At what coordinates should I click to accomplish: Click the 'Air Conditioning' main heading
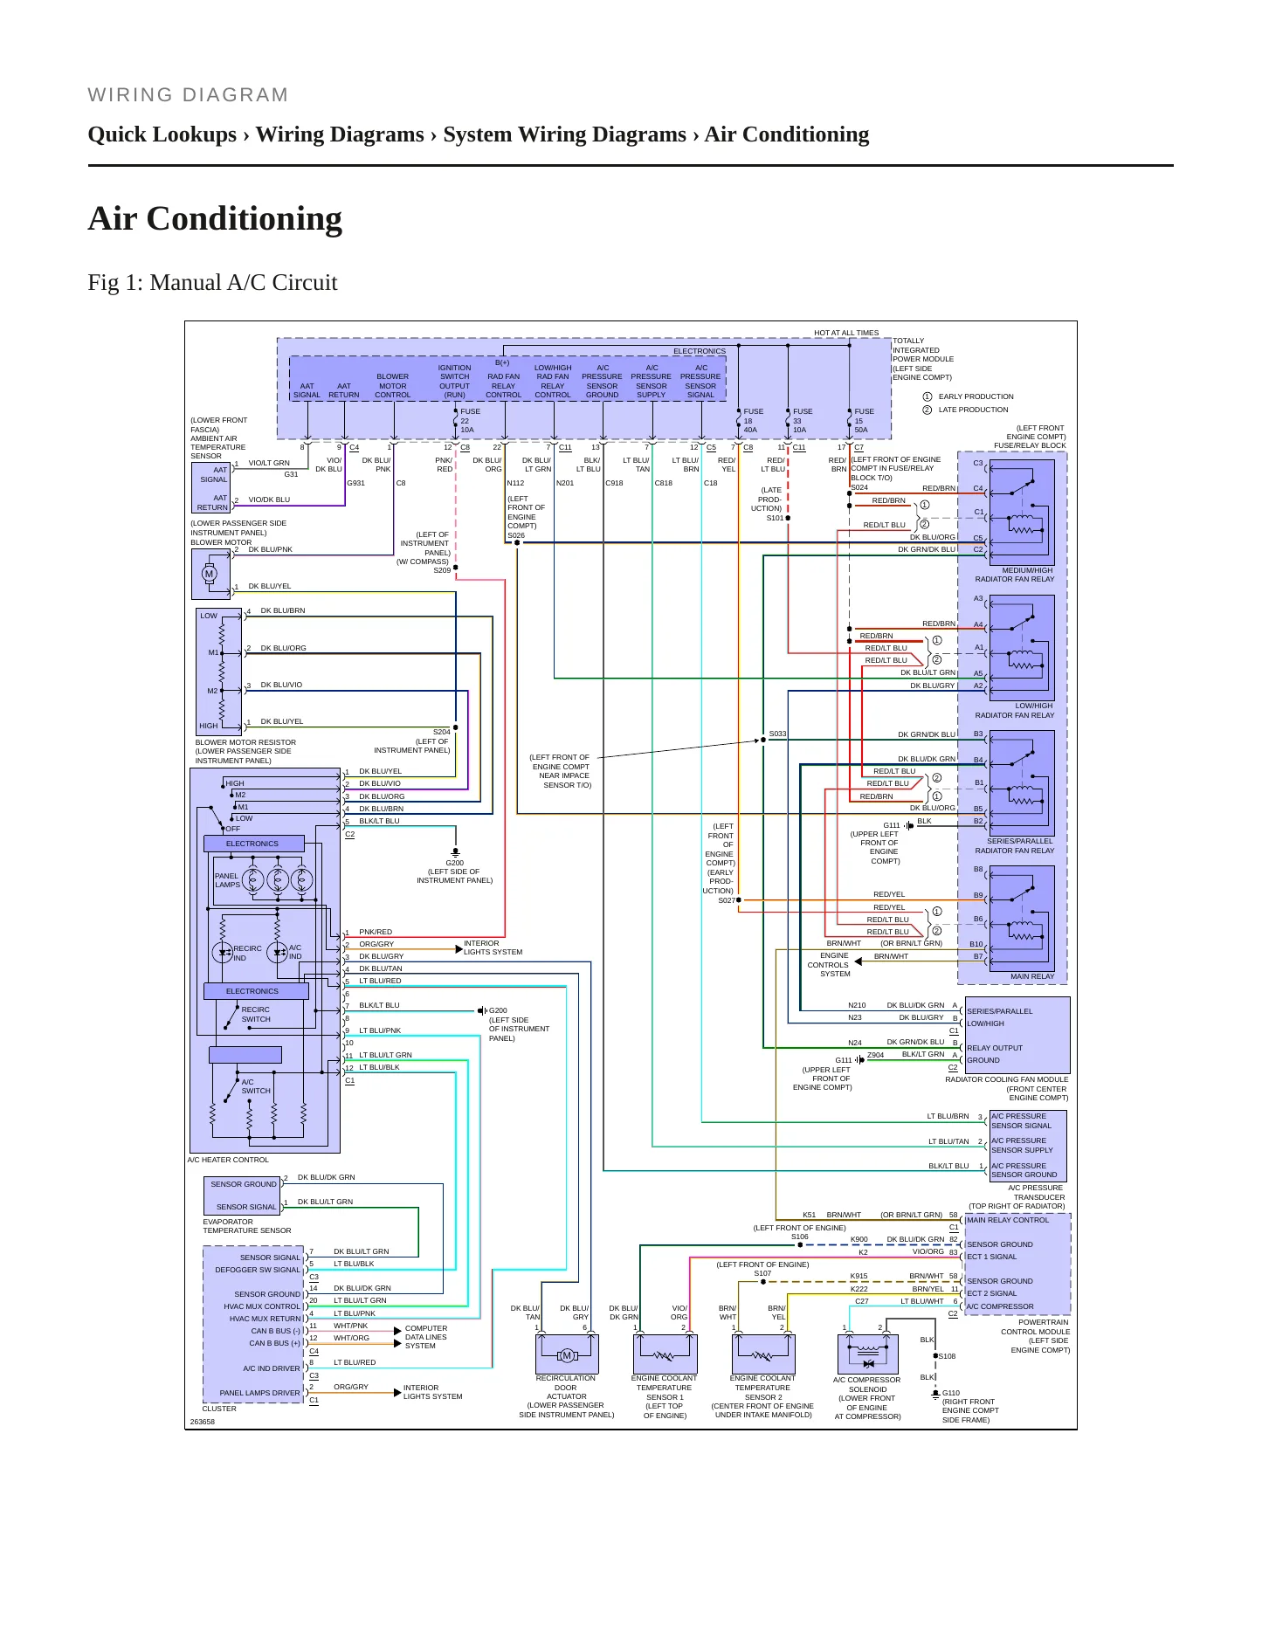coord(215,218)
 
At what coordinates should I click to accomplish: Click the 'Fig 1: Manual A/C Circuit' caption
coord(212,282)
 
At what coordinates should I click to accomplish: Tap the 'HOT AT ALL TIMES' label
coord(846,333)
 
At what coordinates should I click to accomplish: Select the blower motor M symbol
coord(209,574)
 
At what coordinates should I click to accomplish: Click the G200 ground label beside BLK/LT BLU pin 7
coord(498,1010)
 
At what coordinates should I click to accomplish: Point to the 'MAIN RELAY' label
coord(1032,976)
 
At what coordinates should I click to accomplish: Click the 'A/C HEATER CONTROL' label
coord(228,1160)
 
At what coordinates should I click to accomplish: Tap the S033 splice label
coord(777,734)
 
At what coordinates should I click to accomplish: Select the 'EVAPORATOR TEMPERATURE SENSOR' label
coord(247,1226)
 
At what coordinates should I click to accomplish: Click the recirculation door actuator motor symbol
coord(567,1355)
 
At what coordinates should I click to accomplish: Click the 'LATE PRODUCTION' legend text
coord(973,410)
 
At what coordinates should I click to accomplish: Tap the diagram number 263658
coord(203,1422)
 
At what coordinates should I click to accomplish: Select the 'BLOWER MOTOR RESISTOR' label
coord(245,742)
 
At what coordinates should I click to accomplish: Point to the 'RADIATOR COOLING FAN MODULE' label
coord(1007,1079)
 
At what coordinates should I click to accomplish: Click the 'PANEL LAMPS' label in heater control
coord(227,880)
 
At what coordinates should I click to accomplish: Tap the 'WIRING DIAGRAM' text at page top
coord(188,95)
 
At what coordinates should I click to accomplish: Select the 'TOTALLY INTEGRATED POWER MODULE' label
coord(923,350)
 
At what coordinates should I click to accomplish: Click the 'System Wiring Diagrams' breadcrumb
coord(564,134)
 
